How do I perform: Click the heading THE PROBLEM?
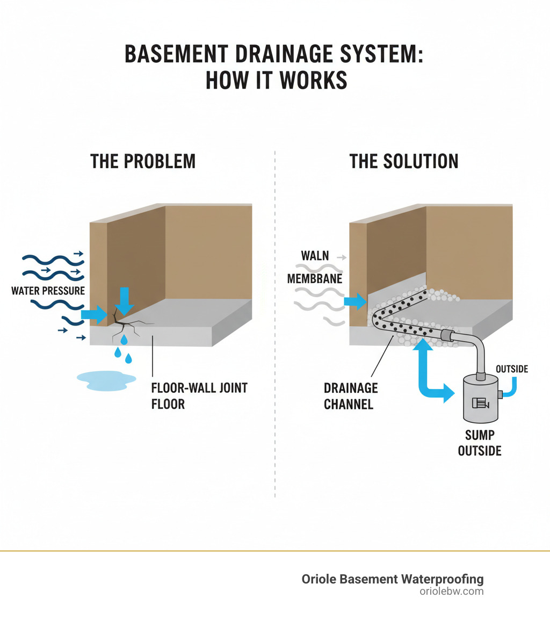(143, 161)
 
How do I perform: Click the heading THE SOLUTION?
(404, 161)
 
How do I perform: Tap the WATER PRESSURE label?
(48, 291)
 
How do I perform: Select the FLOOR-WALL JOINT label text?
(199, 388)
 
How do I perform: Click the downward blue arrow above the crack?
(125, 300)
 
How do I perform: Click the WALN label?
(315, 255)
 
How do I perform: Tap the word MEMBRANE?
(315, 279)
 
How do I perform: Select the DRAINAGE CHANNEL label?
(351, 396)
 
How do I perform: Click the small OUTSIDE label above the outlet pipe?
(512, 369)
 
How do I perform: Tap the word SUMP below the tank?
(480, 435)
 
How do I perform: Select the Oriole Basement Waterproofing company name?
(393, 579)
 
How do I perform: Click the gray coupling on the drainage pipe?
(445, 336)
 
